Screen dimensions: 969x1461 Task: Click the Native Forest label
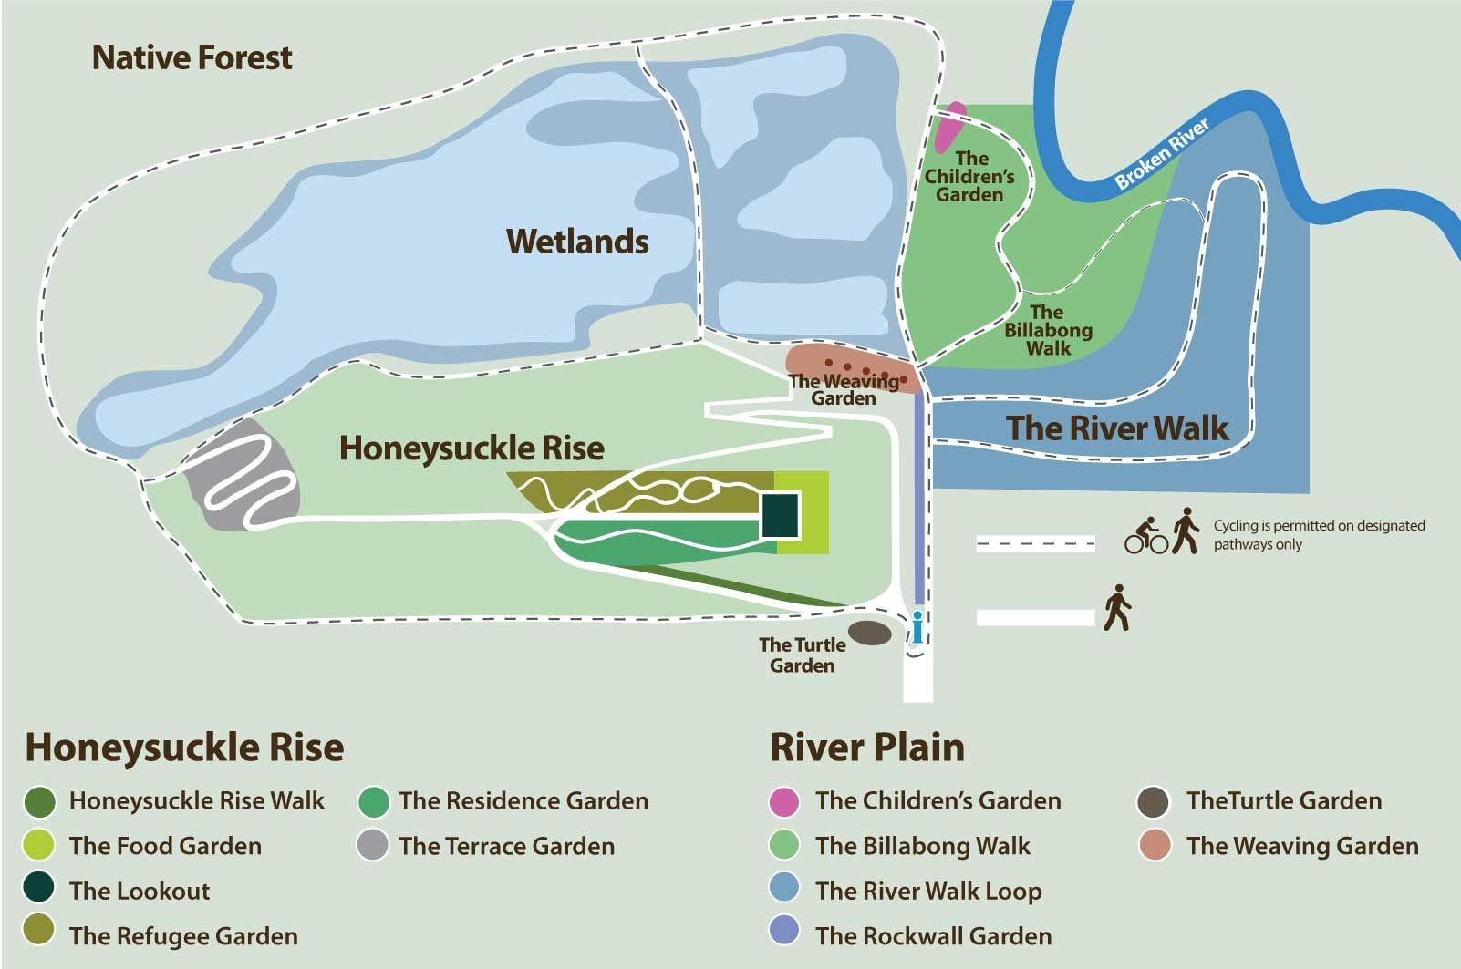tap(192, 58)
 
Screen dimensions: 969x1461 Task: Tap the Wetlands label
tap(577, 242)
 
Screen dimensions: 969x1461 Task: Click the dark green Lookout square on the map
tap(781, 515)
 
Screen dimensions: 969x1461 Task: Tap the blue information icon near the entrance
tap(917, 628)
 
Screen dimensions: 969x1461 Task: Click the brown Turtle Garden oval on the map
tap(870, 633)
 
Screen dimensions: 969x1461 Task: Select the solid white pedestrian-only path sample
tap(1035, 617)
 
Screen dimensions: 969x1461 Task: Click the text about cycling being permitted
tap(1318, 535)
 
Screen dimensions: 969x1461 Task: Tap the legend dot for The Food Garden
tap(39, 845)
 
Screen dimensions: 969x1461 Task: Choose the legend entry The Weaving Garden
tap(1301, 846)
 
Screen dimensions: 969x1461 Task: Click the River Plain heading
tap(866, 747)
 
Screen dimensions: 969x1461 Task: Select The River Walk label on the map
tap(1117, 428)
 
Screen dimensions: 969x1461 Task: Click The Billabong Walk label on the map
tap(1048, 330)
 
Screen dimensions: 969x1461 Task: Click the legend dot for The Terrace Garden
tap(372, 845)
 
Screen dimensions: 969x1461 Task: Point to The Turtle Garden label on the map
tap(803, 655)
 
